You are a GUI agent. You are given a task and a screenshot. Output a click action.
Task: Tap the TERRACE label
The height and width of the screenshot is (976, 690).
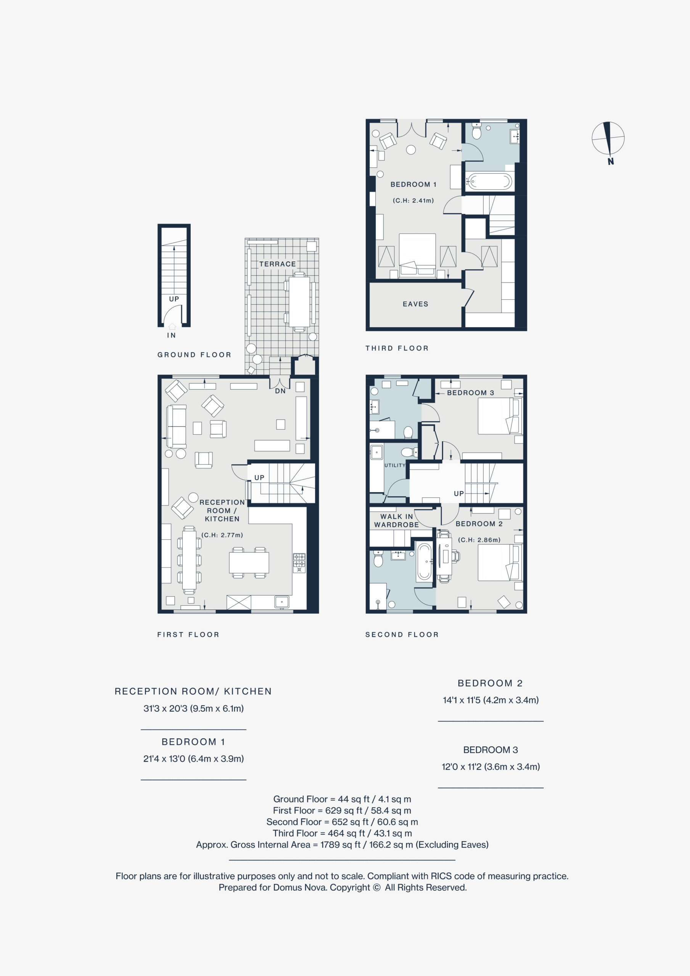277,264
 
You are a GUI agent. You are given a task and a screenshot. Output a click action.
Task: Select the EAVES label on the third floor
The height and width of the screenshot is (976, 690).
415,304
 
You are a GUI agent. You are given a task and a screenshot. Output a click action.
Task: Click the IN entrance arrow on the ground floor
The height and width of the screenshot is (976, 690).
172,326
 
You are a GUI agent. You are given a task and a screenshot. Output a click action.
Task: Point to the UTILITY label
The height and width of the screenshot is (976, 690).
395,466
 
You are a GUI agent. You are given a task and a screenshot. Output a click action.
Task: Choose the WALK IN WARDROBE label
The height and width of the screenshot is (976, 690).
396,520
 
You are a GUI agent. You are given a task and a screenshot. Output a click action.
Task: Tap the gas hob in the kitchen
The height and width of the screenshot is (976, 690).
299,563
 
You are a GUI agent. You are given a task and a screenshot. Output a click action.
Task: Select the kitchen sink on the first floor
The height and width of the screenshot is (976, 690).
281,602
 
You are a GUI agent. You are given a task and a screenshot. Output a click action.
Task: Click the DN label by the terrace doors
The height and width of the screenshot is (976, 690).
280,391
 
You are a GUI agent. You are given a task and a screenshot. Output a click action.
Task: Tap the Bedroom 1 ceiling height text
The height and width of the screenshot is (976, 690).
413,201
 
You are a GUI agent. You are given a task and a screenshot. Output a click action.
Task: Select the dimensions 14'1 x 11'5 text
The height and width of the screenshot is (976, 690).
491,700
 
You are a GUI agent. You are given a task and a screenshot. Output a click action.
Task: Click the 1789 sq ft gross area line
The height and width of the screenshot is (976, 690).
342,844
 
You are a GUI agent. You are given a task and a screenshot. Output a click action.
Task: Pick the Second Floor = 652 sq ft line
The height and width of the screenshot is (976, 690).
342,822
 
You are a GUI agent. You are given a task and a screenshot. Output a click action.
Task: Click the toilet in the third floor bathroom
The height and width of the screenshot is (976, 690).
476,132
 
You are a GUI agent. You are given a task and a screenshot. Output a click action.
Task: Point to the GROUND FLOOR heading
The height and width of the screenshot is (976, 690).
194,355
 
